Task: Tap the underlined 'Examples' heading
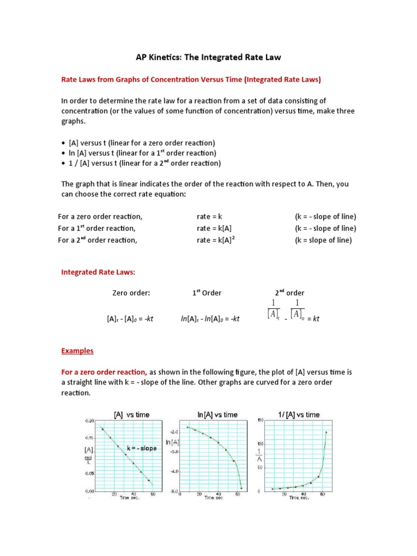77,351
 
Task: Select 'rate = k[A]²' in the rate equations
219,241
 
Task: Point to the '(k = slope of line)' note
323,241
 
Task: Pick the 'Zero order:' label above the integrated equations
131,293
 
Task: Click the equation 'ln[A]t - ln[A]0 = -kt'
210,319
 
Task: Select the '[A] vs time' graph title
131,414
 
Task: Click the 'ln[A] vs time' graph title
217,414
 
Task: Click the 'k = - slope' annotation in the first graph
142,448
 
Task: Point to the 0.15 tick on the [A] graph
90,438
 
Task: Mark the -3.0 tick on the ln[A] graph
174,451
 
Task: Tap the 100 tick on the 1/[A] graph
260,444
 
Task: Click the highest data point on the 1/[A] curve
326,433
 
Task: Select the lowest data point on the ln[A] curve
241,488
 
